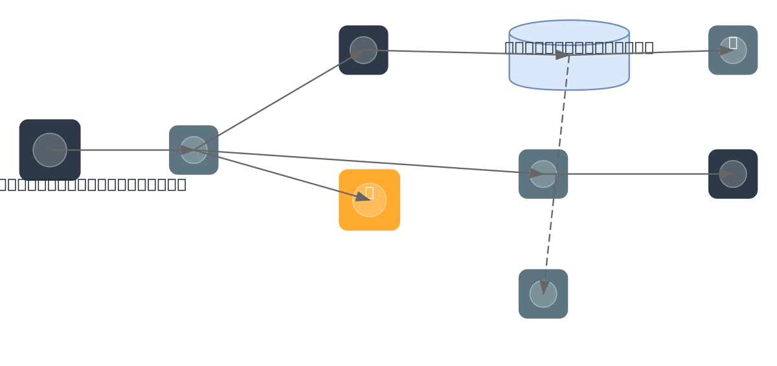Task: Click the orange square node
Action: tap(369, 214)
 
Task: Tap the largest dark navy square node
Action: tap(50, 150)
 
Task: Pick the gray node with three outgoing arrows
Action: tap(194, 150)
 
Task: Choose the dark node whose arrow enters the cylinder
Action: tap(363, 50)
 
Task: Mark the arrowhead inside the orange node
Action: tap(363, 197)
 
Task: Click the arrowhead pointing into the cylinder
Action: tap(562, 54)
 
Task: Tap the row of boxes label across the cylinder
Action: tap(579, 47)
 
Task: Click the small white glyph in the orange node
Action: tap(369, 192)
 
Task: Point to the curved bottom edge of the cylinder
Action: tap(569, 89)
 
